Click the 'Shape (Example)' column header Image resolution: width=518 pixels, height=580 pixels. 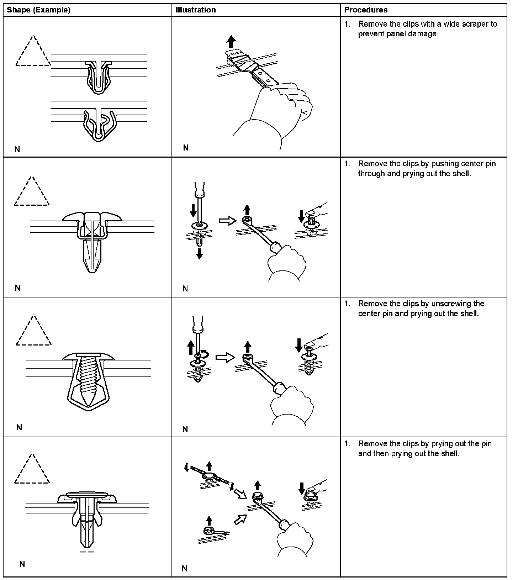[38, 10]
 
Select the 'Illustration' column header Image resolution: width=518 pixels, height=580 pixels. [196, 10]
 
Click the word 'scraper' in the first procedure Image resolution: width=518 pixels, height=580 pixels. [475, 24]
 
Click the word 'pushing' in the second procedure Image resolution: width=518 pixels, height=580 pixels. [445, 164]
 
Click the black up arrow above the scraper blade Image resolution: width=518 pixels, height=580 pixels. [232, 41]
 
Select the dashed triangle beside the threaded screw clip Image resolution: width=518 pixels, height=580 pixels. [34, 332]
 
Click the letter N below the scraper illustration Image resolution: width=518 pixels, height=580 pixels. [186, 148]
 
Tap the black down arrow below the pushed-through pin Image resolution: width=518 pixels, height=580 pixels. [200, 254]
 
